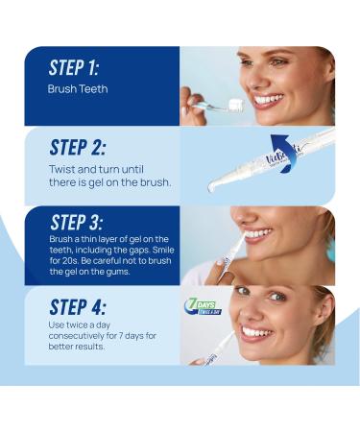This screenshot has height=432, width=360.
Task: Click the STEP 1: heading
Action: click(x=74, y=67)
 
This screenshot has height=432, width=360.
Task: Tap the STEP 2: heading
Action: click(x=78, y=147)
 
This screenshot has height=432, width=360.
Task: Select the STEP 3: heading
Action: click(x=77, y=222)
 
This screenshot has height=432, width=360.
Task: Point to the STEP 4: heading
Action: click(x=78, y=307)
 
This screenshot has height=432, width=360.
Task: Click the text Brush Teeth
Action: click(x=78, y=88)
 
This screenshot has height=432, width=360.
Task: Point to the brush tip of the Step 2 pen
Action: click(x=212, y=187)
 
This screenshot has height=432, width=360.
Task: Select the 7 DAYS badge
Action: click(x=203, y=307)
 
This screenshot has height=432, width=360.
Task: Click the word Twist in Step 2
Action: click(x=62, y=169)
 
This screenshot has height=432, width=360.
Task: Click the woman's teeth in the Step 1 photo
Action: click(x=269, y=100)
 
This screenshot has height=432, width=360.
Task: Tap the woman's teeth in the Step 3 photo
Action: click(x=258, y=233)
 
